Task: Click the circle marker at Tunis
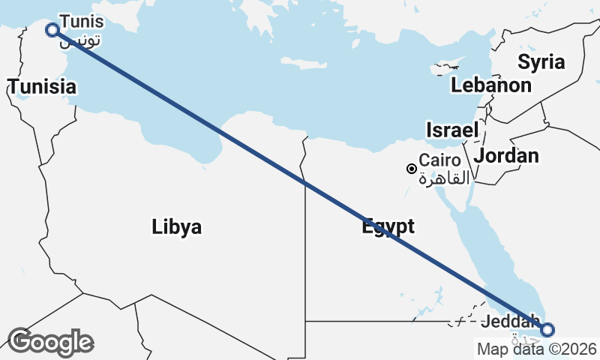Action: [52, 30]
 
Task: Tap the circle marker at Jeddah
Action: [547, 329]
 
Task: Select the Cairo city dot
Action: [411, 169]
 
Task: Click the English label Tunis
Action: [82, 21]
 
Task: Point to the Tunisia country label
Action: [43, 87]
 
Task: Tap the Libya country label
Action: [176, 226]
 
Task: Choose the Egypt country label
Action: [388, 226]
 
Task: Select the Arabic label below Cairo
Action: [444, 178]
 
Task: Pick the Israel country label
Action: [451, 130]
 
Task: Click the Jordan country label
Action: [507, 156]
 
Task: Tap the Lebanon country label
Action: [491, 85]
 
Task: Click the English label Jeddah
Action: [510, 320]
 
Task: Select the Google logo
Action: [50, 342]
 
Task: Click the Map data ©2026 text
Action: [536, 349]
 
